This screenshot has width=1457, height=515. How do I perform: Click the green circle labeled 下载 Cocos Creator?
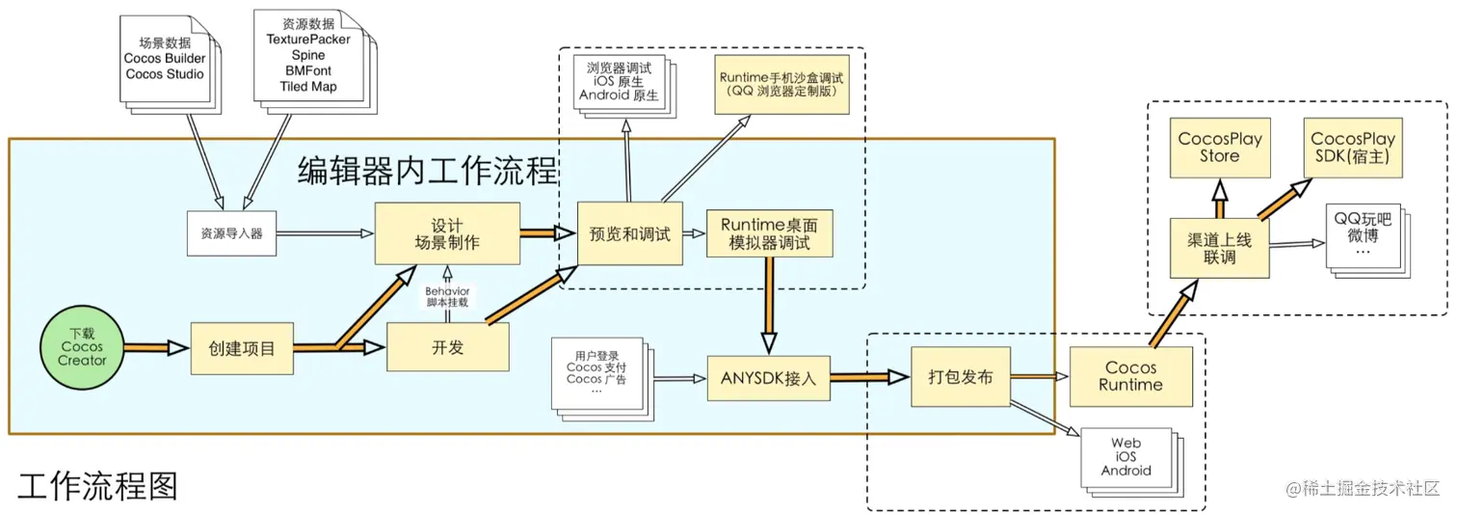(x=82, y=347)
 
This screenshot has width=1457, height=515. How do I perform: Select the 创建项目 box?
(x=241, y=348)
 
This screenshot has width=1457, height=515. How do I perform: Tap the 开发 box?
(x=448, y=347)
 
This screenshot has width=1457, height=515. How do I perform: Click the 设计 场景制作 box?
(x=447, y=234)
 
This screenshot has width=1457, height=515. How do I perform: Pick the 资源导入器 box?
(x=231, y=233)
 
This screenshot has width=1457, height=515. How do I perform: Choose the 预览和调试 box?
(x=629, y=233)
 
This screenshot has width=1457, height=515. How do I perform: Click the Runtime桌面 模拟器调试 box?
(x=769, y=233)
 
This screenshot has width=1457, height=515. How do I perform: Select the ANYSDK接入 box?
(x=768, y=378)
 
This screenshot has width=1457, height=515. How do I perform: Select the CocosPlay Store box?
(x=1219, y=148)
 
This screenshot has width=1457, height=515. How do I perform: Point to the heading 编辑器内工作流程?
(x=428, y=172)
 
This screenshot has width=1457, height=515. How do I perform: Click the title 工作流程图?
(x=97, y=485)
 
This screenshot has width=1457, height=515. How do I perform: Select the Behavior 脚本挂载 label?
(x=448, y=296)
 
